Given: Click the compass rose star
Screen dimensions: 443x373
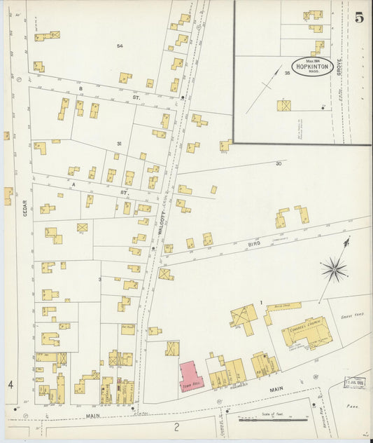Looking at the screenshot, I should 335,268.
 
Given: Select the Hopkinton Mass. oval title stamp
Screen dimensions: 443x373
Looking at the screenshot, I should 308,67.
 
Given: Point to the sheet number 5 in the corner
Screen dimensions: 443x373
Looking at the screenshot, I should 359,18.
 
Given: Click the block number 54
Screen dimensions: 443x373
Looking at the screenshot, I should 120,46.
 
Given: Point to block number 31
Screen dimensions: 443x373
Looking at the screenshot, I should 119,144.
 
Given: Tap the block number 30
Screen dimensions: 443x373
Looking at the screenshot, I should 278,163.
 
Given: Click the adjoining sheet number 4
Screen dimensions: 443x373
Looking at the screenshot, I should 10,384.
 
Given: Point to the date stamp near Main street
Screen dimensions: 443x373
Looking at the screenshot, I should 354,383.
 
